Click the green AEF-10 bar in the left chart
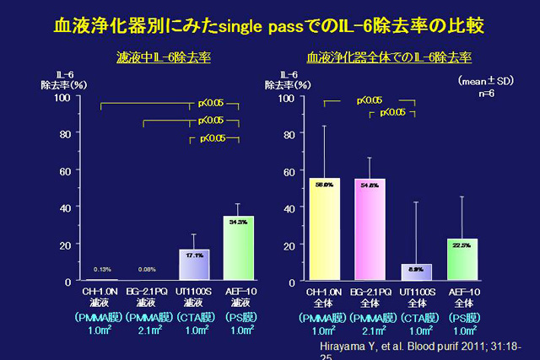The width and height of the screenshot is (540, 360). pos(239,248)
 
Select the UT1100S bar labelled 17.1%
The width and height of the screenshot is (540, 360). pos(195,265)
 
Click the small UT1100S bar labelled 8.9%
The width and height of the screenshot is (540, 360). pos(416,272)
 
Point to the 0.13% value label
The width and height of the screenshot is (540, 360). pos(103,269)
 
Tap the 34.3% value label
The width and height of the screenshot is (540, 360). pos(239,222)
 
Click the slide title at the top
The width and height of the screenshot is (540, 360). pos(269,24)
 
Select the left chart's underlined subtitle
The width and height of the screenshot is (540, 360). pos(164,59)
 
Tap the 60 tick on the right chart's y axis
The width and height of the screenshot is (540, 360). pos(289,171)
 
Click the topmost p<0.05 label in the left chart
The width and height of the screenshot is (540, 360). pos(211,103)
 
